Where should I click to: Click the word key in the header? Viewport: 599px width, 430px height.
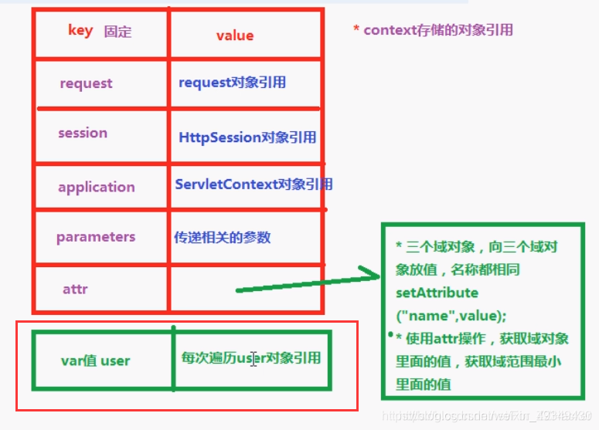[80, 31]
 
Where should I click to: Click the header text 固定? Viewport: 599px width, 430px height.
[118, 32]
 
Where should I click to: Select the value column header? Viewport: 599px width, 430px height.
[235, 36]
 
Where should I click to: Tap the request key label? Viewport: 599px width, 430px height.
[86, 83]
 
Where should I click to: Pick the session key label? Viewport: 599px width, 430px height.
[83, 133]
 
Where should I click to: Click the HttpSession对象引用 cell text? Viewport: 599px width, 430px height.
[247, 137]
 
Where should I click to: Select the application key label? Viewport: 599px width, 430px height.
[96, 187]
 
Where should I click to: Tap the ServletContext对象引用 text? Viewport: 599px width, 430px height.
[254, 185]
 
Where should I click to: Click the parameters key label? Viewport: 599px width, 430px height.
[96, 237]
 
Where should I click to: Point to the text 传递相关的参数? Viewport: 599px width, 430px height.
[223, 238]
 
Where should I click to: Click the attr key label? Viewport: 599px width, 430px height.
[75, 289]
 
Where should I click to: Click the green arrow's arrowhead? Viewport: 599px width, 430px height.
[371, 276]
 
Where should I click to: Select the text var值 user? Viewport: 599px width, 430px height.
[95, 361]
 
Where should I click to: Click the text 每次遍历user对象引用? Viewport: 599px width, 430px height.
[250, 357]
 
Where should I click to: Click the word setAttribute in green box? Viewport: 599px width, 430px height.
[437, 293]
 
